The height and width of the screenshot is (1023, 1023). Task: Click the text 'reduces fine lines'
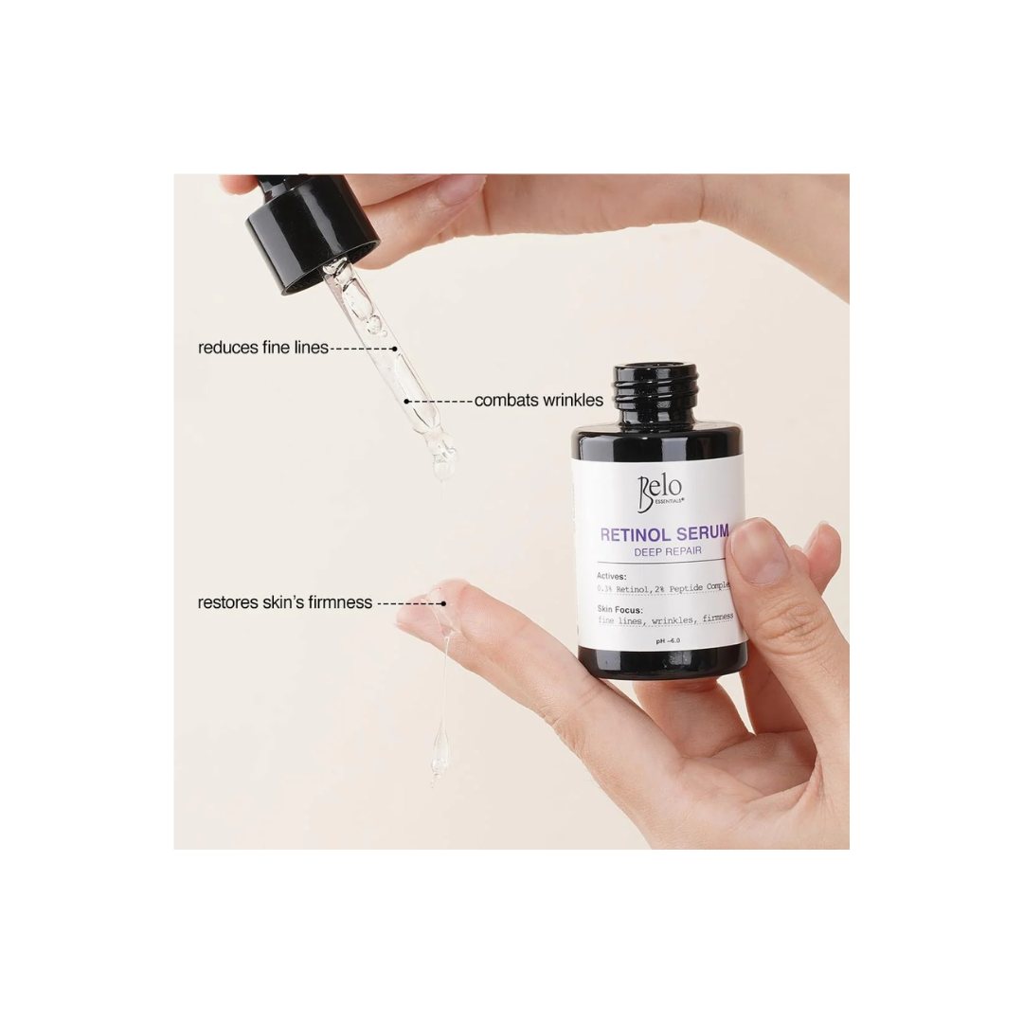262,348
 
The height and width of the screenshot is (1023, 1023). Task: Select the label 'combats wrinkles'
538,401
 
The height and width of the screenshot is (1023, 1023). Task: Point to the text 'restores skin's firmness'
284,602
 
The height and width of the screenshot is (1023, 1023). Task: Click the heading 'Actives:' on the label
612,575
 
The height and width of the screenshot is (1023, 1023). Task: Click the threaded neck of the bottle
656,385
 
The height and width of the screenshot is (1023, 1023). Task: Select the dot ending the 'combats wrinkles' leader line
407,401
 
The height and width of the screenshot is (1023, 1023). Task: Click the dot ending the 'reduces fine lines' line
396,348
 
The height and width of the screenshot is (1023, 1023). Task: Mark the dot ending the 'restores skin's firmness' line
441,602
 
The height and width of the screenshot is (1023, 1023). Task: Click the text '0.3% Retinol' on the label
624,588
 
